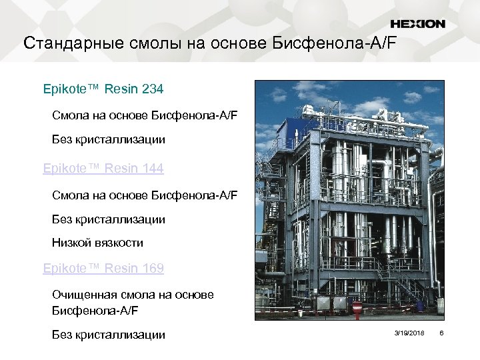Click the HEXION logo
tap(417, 24)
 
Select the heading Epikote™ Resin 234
tap(103, 89)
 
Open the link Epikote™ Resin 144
tap(103, 169)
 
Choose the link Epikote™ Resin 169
tap(103, 269)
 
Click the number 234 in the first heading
tap(151, 89)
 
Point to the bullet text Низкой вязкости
tap(97, 243)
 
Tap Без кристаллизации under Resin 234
tap(109, 140)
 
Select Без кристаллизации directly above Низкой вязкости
tap(109, 219)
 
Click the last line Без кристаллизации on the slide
tap(109, 335)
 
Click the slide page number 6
tap(441, 332)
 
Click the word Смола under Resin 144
tap(70, 195)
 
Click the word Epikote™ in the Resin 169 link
tap(71, 269)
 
